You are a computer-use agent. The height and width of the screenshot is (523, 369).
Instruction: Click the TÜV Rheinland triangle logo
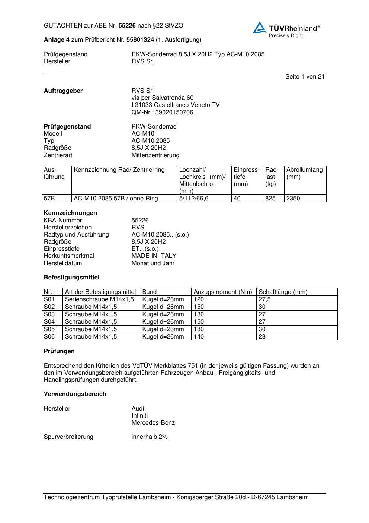tap(260, 28)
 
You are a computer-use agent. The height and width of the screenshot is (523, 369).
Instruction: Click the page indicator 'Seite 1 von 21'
tap(305, 77)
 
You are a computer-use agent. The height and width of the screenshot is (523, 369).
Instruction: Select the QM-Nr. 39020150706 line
tap(162, 112)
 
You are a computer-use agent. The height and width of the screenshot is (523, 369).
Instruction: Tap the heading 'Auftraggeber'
tap(63, 91)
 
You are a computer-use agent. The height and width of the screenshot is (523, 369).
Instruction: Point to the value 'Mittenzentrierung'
tap(155, 155)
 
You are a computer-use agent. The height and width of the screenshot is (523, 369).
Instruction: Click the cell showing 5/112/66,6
tap(194, 199)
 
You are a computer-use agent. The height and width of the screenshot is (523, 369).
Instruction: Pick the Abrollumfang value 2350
tap(293, 199)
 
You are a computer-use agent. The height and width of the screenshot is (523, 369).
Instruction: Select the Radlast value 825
tap(270, 199)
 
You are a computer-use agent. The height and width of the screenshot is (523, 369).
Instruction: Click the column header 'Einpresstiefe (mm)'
tap(247, 177)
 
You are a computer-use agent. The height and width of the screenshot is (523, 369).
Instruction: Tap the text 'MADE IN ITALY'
tap(154, 256)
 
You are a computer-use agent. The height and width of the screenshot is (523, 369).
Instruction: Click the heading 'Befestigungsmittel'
tap(71, 278)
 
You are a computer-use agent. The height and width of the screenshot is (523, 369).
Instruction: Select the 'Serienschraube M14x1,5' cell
tap(99, 299)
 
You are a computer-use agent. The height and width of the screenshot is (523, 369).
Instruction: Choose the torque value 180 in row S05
tap(199, 329)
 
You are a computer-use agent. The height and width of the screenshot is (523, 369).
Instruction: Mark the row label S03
tap(49, 314)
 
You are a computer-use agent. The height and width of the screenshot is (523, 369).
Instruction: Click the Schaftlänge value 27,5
tap(264, 299)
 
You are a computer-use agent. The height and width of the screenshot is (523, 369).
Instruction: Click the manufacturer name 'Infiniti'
tap(139, 416)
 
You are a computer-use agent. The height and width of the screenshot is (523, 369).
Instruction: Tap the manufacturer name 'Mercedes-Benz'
tap(153, 423)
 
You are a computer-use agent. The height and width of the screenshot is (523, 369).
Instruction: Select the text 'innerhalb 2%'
tap(150, 437)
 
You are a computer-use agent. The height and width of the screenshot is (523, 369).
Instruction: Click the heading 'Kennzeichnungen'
tap(70, 213)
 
